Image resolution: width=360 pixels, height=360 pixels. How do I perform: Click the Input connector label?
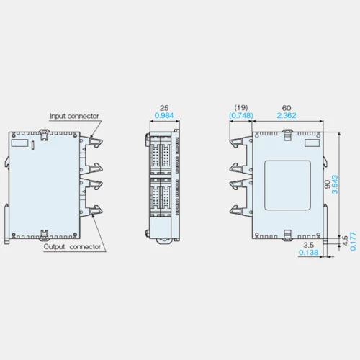pyautogui.click(x=74, y=116)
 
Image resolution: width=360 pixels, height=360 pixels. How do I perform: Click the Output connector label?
pyautogui.click(x=72, y=247)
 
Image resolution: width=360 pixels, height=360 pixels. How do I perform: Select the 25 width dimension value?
pyautogui.click(x=164, y=108)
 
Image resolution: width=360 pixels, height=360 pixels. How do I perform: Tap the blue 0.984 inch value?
pyautogui.click(x=164, y=115)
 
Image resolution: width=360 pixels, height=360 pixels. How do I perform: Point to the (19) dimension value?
pyautogui.click(x=241, y=107)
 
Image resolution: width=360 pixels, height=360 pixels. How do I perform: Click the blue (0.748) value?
pyautogui.click(x=241, y=115)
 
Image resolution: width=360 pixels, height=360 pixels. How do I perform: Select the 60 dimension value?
pyautogui.click(x=287, y=108)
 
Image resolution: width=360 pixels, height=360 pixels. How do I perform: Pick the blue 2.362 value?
pyautogui.click(x=287, y=115)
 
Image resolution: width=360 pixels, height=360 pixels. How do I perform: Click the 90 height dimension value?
pyautogui.click(x=328, y=184)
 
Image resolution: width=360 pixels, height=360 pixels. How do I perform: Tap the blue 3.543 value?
pyautogui.click(x=335, y=184)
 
